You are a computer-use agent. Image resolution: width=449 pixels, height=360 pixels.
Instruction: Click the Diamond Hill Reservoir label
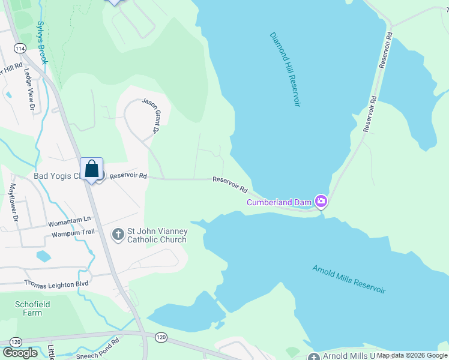(x=284, y=70)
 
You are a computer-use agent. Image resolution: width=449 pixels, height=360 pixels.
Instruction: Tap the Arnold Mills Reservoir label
(x=349, y=279)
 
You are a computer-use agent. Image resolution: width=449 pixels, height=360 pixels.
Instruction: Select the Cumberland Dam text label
(x=280, y=202)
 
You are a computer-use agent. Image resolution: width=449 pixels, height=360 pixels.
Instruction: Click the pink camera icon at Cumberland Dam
(x=321, y=201)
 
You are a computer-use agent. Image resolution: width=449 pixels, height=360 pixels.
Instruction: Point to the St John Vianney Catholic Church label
(x=157, y=235)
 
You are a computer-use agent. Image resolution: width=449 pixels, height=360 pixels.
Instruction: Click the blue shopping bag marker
(x=92, y=169)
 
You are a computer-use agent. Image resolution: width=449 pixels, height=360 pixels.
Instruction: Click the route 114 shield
(x=20, y=49)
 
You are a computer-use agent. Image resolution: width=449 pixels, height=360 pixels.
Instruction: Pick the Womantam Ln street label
(x=70, y=218)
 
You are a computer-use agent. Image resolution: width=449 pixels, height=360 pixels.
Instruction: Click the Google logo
(x=20, y=353)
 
